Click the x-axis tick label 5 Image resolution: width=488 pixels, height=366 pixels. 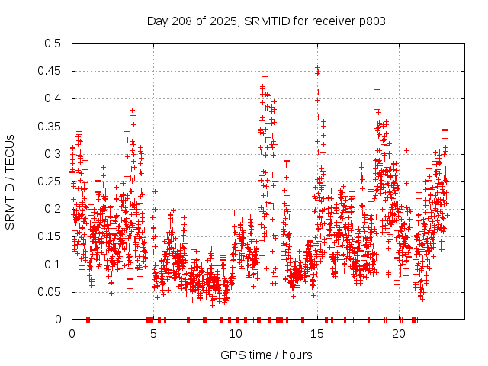coord(154,334)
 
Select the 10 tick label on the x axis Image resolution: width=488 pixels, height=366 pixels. coord(236,334)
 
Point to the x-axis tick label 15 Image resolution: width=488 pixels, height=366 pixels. coord(318,334)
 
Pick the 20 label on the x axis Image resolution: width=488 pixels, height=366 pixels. coord(400,334)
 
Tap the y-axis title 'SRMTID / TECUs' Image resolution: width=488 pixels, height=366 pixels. coord(10,181)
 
